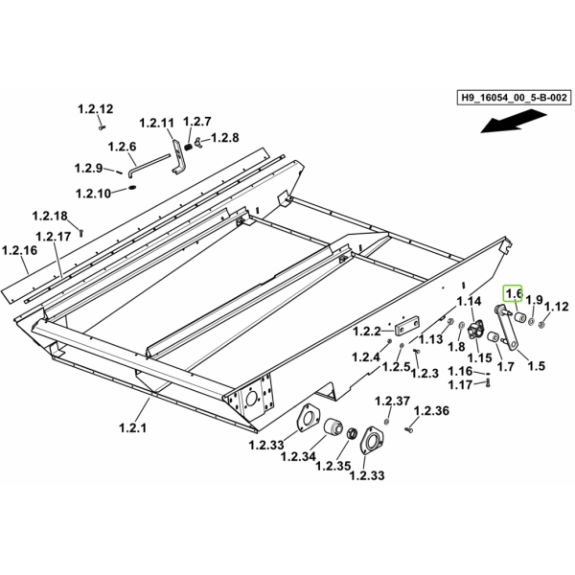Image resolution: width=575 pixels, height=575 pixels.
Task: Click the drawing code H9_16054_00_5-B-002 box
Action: [x=514, y=98]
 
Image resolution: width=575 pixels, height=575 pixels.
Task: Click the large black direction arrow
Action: [x=514, y=123]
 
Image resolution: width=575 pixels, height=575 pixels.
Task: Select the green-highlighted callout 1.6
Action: [x=513, y=293]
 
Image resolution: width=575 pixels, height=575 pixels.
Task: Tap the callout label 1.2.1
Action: [x=133, y=427]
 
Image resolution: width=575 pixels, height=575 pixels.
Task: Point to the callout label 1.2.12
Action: [x=96, y=109]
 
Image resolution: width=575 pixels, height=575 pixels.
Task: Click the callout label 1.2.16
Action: [x=19, y=250]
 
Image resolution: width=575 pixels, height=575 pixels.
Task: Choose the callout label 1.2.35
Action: [x=333, y=466]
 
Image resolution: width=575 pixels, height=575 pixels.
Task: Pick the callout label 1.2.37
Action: [x=392, y=401]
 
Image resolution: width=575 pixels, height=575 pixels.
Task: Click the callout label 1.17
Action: [x=461, y=384]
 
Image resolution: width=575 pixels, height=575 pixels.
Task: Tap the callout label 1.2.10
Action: [x=93, y=194]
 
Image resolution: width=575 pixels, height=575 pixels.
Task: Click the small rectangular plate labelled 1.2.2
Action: [x=407, y=325]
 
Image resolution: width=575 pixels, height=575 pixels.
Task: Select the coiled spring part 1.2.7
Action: [x=188, y=147]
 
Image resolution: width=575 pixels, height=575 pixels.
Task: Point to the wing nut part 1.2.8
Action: [x=198, y=141]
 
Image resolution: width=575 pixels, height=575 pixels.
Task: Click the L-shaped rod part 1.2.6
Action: [x=149, y=165]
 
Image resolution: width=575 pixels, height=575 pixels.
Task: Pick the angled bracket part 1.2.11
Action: [x=178, y=156]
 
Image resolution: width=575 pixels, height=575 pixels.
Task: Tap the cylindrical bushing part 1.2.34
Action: [x=333, y=426]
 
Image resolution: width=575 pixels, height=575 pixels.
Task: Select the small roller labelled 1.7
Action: [x=493, y=336]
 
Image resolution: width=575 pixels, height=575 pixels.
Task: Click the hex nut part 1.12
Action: [x=540, y=324]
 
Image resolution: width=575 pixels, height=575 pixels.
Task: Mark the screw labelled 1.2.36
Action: [x=409, y=429]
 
